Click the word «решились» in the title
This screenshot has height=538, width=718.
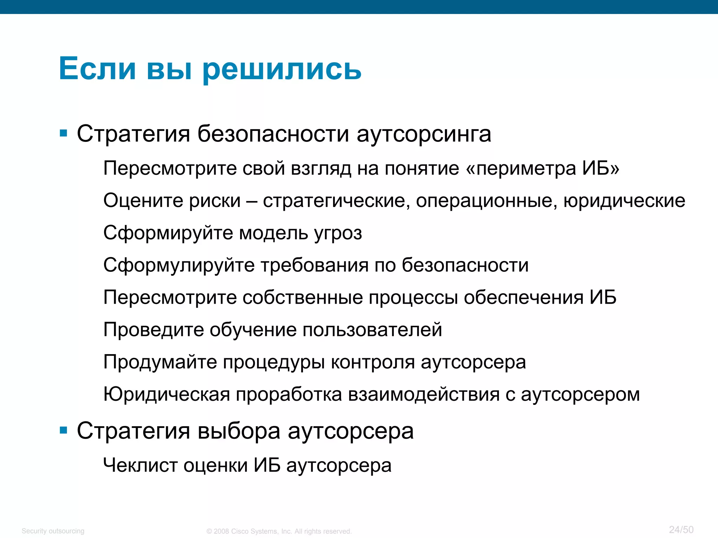282,69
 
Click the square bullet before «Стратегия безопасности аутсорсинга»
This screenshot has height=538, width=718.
63,133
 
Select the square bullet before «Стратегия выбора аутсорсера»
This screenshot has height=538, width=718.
63,430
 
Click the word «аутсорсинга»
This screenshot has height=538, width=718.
424,134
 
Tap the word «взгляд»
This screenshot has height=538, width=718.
321,169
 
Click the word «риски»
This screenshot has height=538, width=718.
215,201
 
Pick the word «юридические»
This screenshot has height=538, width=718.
624,201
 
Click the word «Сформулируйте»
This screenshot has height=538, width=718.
179,265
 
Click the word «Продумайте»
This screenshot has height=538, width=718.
160,362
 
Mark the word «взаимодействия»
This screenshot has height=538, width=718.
424,394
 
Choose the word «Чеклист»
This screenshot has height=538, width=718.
140,465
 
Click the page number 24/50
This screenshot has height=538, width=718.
681,529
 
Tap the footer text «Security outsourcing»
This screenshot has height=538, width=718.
53,531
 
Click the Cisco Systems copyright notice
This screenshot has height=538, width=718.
279,531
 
